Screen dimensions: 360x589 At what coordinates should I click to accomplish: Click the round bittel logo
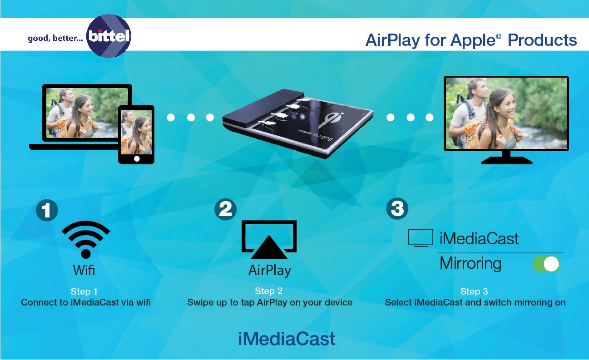(109, 36)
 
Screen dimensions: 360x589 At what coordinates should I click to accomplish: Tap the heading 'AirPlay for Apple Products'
(471, 40)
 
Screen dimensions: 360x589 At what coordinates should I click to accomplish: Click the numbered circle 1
(47, 210)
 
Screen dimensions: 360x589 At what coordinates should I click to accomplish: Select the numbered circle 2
(226, 209)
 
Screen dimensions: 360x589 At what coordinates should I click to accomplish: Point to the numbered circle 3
(397, 209)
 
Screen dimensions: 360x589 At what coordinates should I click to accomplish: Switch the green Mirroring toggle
(546, 264)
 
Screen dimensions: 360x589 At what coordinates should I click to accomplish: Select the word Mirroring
(470, 264)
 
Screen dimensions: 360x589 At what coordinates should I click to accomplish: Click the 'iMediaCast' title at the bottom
(287, 339)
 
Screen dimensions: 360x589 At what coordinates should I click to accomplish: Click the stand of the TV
(506, 157)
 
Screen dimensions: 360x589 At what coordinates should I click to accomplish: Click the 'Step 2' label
(268, 291)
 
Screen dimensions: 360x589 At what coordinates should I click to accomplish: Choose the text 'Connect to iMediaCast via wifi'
(86, 302)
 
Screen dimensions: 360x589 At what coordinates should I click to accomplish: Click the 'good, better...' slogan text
(55, 38)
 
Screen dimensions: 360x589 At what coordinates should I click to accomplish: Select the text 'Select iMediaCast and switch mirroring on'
(475, 302)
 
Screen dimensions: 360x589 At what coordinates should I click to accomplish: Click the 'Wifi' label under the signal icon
(84, 271)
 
